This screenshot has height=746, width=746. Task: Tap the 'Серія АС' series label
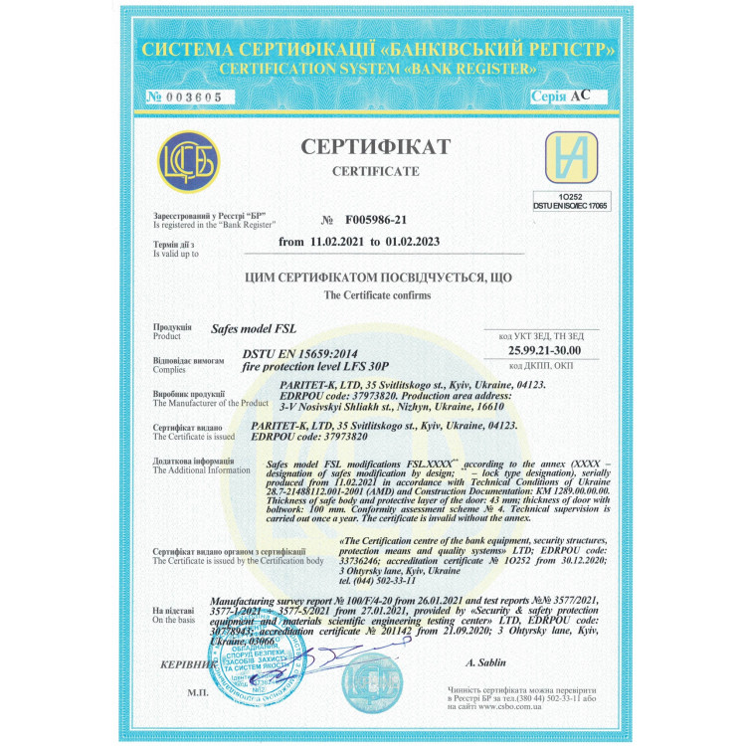coord(574,96)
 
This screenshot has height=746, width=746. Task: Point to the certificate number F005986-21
coord(376,219)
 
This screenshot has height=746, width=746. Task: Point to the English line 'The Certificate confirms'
coord(372,296)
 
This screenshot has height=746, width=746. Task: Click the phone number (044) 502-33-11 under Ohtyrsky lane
coord(386,580)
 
